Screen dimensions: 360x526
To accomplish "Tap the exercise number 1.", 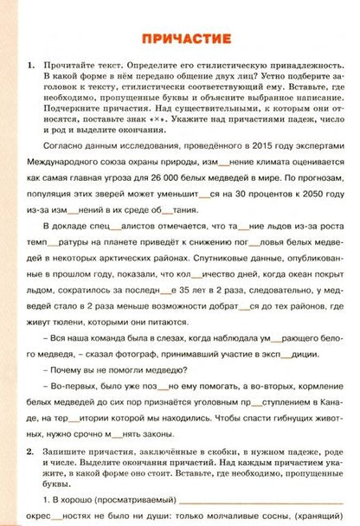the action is tap(31, 65).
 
